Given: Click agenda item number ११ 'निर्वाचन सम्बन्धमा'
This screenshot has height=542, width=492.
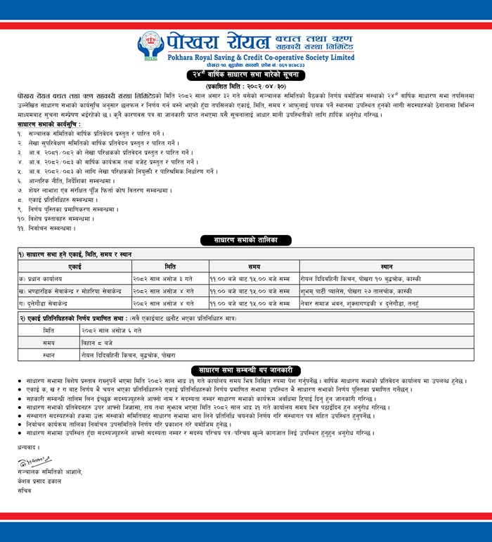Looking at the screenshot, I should tap(46, 228).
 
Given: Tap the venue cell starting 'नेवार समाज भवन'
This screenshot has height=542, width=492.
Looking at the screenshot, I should tap(380, 303).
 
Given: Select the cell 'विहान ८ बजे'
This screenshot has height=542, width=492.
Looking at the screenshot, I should tap(99, 341).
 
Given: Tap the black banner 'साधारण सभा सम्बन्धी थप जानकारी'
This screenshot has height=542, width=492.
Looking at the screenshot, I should tap(246, 370).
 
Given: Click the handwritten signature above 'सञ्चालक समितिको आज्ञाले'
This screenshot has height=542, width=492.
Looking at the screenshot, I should tap(35, 461).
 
